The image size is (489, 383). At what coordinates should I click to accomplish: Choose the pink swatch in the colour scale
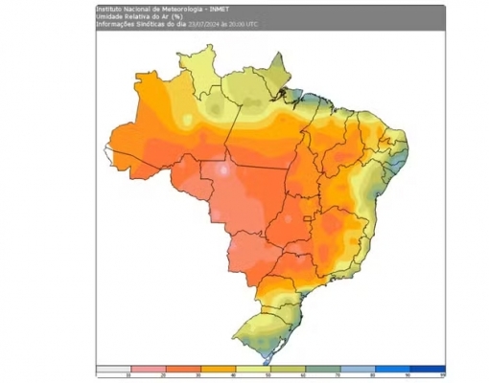[149, 369]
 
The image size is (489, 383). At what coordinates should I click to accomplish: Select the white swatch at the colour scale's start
[113, 369]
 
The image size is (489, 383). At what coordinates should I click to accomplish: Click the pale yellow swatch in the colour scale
[253, 369]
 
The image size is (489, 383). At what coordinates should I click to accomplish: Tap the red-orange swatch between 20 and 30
[183, 369]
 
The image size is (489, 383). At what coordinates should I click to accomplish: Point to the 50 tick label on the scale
[271, 375]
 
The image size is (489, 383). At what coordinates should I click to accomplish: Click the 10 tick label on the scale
[131, 375]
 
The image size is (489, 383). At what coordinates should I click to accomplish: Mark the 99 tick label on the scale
[443, 375]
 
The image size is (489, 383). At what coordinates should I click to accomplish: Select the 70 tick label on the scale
[341, 375]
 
